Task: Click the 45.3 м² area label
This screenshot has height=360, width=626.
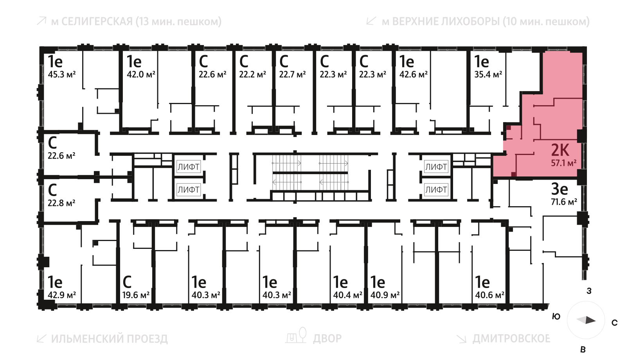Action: click(62, 74)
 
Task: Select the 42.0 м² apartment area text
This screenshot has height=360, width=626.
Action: click(141, 74)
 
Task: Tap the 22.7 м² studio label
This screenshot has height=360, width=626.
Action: click(292, 74)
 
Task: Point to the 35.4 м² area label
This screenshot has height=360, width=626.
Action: click(488, 74)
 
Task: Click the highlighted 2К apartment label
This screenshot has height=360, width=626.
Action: click(560, 150)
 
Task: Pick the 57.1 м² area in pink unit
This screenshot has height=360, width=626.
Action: click(563, 163)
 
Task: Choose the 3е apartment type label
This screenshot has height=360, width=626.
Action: click(559, 189)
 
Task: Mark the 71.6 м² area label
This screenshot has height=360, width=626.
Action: click(564, 202)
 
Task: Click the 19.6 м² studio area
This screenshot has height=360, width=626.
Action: click(136, 295)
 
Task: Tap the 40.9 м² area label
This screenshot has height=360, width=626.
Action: click(385, 295)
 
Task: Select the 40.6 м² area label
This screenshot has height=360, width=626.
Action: click(489, 295)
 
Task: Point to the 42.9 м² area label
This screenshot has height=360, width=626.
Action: click(62, 295)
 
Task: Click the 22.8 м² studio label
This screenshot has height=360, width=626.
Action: click(61, 203)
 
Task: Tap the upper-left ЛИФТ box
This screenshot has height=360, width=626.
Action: click(189, 167)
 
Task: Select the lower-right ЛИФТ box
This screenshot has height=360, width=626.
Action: click(436, 190)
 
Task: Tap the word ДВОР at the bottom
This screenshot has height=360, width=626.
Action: click(327, 338)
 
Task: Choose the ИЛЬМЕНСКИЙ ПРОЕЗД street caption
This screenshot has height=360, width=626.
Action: click(109, 339)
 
